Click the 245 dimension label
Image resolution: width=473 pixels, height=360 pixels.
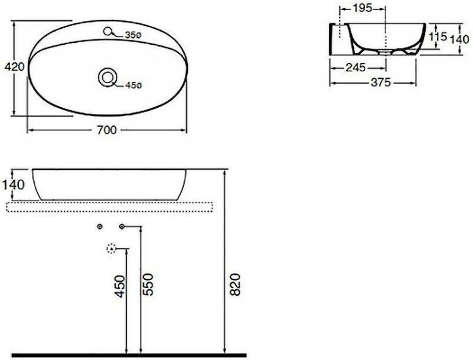[x=356, y=67]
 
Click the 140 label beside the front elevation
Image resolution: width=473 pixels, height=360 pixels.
[x=13, y=185]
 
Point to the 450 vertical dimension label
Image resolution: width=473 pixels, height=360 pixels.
[x=120, y=286]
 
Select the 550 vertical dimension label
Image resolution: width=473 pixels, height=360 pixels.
[x=149, y=286]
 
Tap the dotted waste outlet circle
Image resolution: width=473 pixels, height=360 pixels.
[x=112, y=248]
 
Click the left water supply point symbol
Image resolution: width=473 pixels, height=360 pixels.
[x=100, y=226]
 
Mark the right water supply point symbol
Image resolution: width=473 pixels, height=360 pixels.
[x=122, y=226]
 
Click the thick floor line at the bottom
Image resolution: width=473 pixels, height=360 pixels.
[x=126, y=355]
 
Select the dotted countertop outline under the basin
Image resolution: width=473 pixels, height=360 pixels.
[x=114, y=206]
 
